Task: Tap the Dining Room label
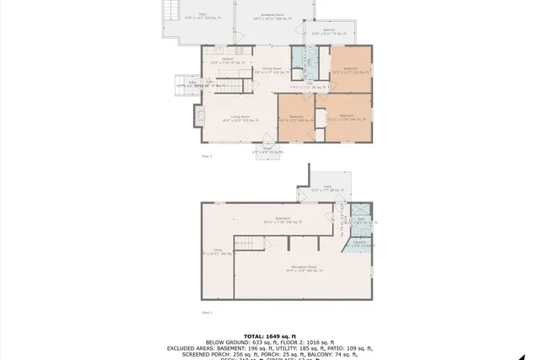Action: point(271,70)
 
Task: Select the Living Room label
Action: point(236,119)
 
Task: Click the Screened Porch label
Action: point(273,15)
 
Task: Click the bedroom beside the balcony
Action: point(350,70)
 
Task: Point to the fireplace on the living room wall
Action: point(200,116)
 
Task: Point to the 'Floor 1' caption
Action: point(207,313)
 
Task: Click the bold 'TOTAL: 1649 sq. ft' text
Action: point(270,335)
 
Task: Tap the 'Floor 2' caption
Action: point(207,156)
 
